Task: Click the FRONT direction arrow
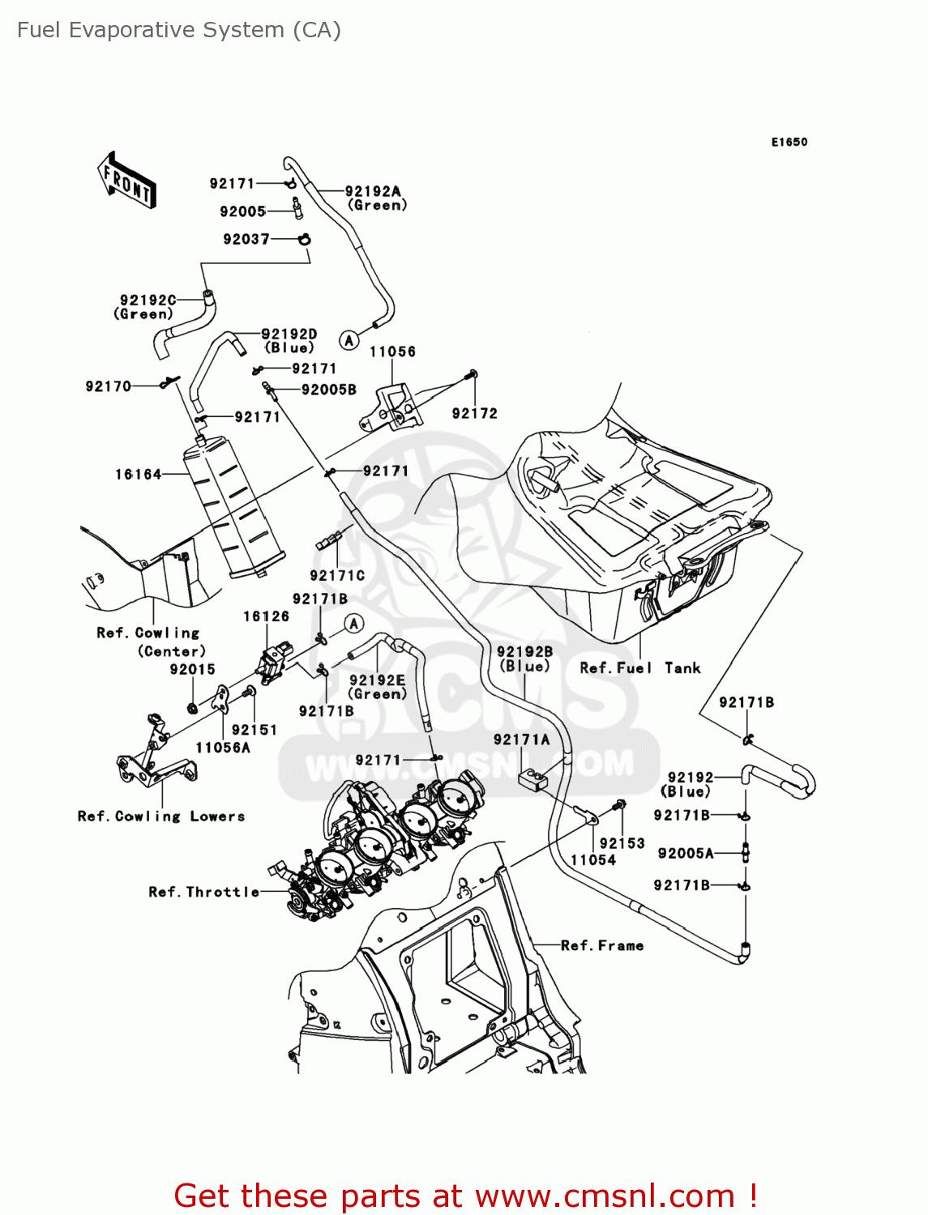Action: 127,180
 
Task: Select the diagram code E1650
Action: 789,142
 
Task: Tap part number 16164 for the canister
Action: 138,474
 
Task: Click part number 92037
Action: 246,239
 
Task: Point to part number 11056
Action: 392,352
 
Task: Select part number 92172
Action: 474,413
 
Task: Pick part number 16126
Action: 266,616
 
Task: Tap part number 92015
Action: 192,669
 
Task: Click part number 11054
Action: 593,860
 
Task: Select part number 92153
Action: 622,843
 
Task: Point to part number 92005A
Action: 686,853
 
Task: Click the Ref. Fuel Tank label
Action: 639,668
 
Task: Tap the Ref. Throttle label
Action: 203,892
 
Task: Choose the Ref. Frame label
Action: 602,945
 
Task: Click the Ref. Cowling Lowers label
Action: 160,816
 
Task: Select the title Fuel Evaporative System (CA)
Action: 179,30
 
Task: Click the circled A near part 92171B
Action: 353,623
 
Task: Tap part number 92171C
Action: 337,575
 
